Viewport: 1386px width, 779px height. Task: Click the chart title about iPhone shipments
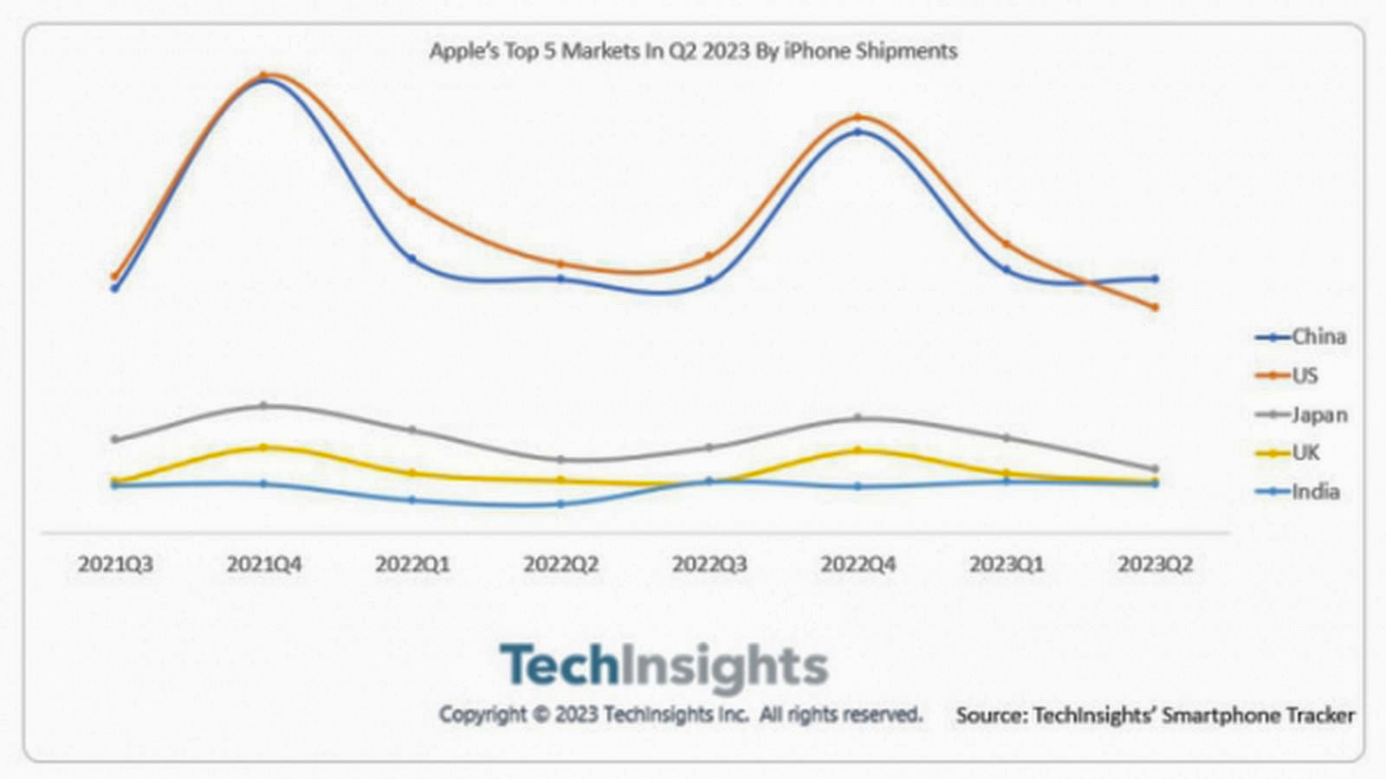(693, 51)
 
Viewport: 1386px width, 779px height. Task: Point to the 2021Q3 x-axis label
(115, 565)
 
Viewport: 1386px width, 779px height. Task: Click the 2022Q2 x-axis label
(560, 565)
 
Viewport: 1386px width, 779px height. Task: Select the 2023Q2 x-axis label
(1155, 565)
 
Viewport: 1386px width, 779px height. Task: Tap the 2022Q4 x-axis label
(858, 565)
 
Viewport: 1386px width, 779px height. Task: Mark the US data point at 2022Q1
(412, 202)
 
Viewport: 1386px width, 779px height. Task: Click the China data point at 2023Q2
(1155, 279)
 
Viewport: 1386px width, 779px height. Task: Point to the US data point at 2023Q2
(1155, 307)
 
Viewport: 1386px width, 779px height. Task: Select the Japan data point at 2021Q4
(264, 405)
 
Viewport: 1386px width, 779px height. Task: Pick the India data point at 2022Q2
(560, 503)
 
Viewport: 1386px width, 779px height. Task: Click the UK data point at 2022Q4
(858, 450)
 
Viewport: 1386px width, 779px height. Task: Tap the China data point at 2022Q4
(858, 133)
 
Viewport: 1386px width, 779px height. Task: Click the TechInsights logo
(664, 666)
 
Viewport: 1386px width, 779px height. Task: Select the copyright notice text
(680, 715)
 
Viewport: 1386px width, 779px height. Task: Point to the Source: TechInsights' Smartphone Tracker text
(1155, 716)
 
